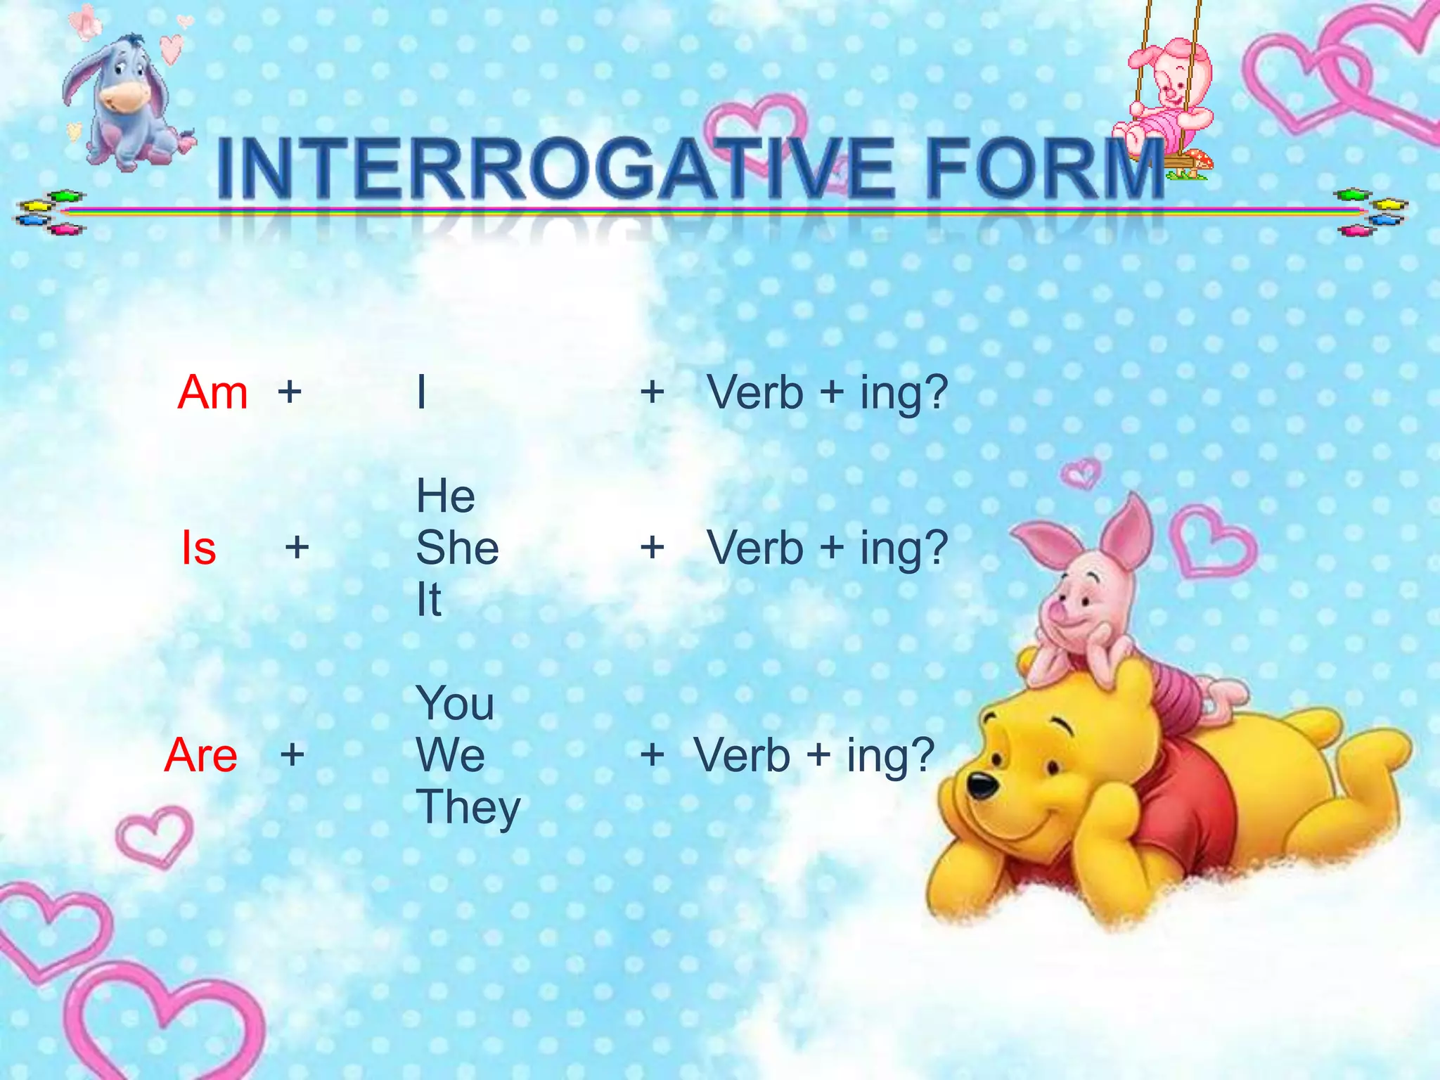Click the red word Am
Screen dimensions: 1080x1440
[x=212, y=392]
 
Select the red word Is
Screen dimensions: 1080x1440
[x=198, y=548]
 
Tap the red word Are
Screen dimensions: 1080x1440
[x=201, y=755]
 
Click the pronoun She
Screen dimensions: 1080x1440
[x=457, y=548]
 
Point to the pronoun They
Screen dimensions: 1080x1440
[x=468, y=807]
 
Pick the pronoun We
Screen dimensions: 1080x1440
[x=450, y=755]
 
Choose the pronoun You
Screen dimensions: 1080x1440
[x=455, y=703]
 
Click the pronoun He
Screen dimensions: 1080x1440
[x=445, y=496]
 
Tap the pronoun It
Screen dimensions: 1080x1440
[x=428, y=600]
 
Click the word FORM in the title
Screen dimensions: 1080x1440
[x=1043, y=169]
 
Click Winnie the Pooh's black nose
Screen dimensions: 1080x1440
[x=982, y=785]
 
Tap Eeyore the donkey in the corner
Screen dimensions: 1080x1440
[x=127, y=102]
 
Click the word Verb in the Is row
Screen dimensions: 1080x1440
[x=755, y=548]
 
